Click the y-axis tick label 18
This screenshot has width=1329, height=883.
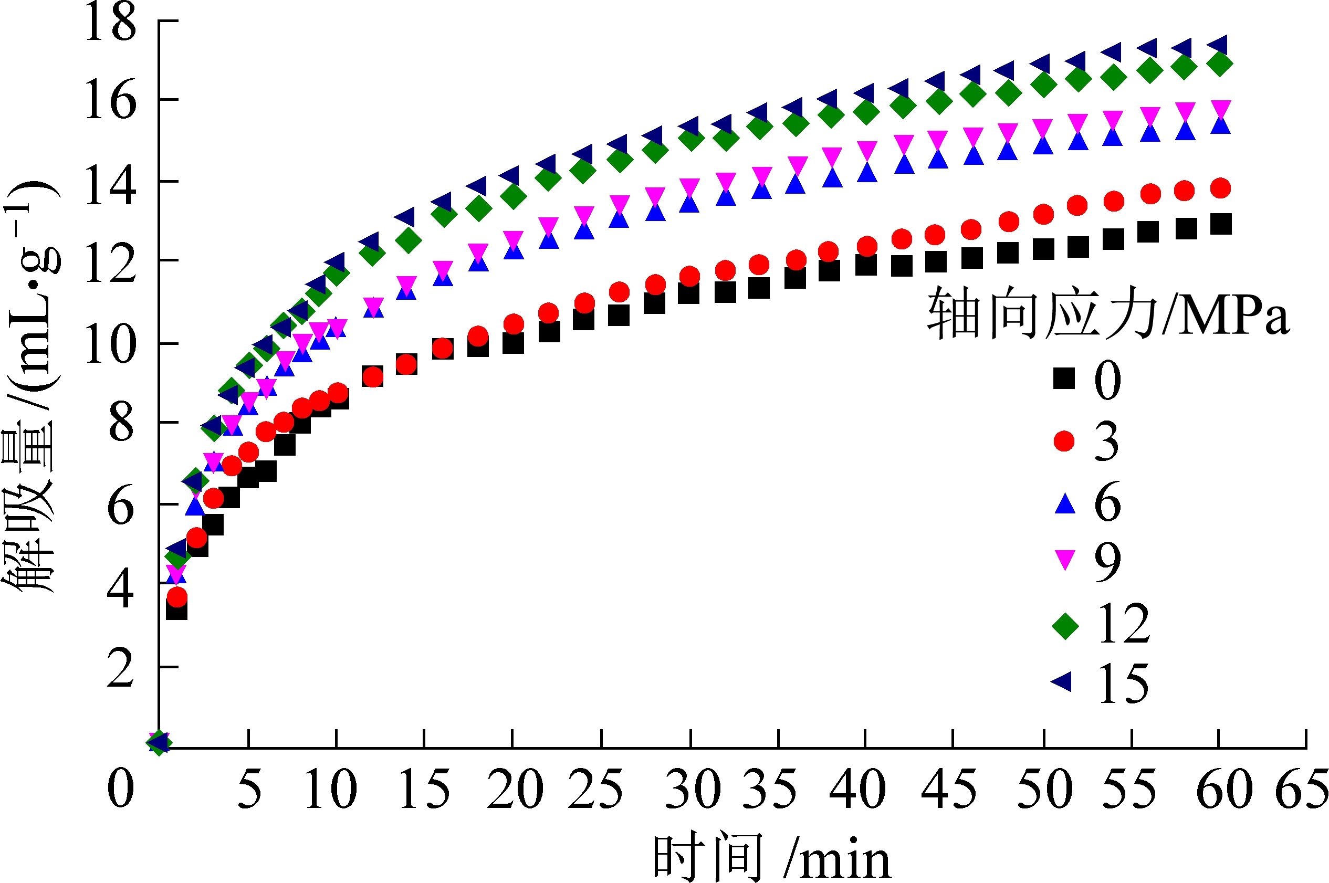(x=110, y=23)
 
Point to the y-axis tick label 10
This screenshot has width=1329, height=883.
(x=110, y=344)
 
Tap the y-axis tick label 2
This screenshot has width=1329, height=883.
(x=121, y=667)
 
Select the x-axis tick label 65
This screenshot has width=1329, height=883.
(x=1301, y=790)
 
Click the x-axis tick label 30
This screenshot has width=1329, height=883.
(x=692, y=790)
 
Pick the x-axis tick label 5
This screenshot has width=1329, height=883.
(x=249, y=790)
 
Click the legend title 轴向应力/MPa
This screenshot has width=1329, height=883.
(x=1108, y=313)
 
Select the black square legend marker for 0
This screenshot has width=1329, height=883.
(x=1064, y=379)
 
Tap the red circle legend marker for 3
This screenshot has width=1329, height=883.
(x=1064, y=441)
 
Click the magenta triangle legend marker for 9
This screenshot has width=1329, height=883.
(x=1064, y=560)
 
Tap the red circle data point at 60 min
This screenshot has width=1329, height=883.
(x=1220, y=188)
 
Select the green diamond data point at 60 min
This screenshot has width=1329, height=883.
(x=1220, y=64)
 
